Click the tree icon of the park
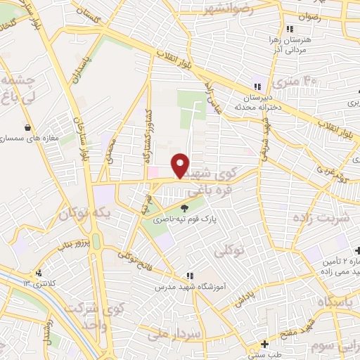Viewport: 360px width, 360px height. coord(185,207)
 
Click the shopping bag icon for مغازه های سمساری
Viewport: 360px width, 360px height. coord(27,129)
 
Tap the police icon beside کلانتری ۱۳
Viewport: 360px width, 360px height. coord(39,273)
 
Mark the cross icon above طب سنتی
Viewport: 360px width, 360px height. coord(264,344)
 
